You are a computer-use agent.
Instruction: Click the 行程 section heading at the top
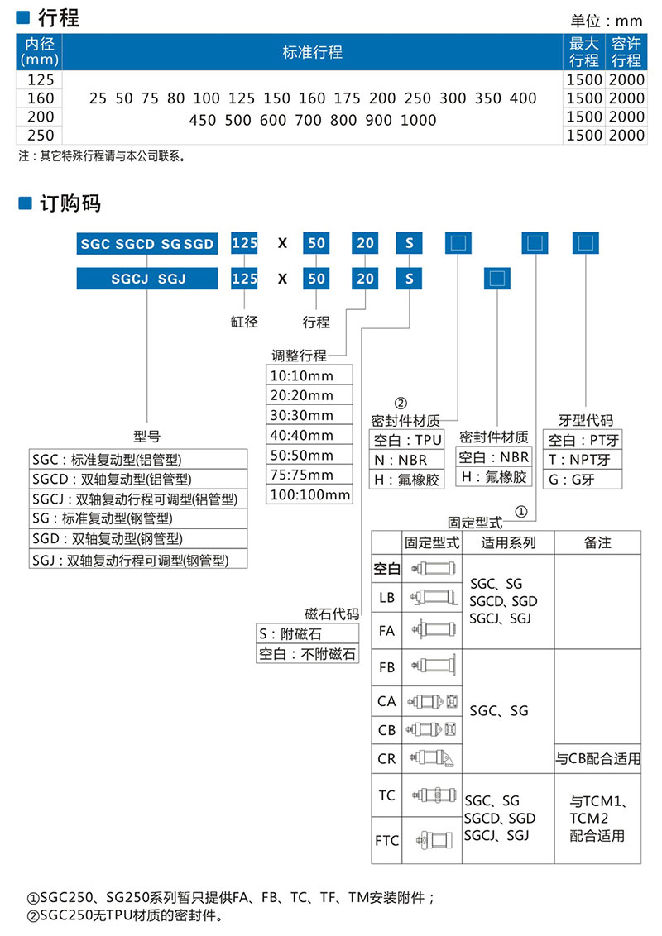(x=59, y=17)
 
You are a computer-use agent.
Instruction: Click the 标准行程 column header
(x=312, y=52)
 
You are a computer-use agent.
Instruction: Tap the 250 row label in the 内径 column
(x=40, y=135)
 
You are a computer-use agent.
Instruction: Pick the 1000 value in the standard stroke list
(x=418, y=120)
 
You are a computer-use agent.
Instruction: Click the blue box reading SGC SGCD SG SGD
(x=147, y=244)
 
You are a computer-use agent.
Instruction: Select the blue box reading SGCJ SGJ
(x=147, y=279)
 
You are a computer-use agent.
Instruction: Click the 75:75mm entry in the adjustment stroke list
(x=300, y=475)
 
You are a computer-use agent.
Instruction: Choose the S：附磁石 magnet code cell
(x=307, y=633)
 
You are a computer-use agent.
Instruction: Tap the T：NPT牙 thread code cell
(x=580, y=460)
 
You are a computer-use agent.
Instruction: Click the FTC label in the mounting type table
(x=386, y=841)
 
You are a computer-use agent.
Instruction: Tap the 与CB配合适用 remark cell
(x=597, y=758)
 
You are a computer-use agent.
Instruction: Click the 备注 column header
(x=597, y=543)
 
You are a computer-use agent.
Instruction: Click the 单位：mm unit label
(x=607, y=21)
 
